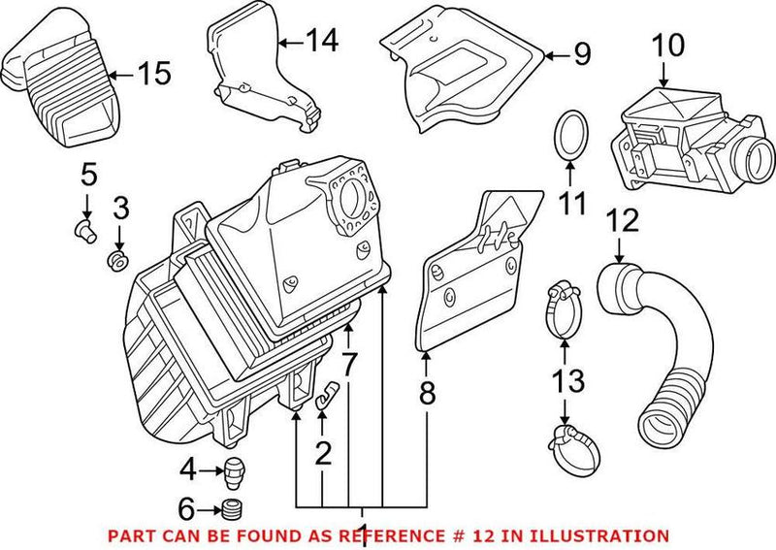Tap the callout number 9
581,55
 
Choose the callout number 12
621,220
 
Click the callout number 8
427,393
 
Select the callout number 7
348,366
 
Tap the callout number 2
322,452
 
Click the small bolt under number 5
83,229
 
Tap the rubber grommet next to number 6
231,509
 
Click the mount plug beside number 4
232,471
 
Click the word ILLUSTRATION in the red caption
603,535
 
